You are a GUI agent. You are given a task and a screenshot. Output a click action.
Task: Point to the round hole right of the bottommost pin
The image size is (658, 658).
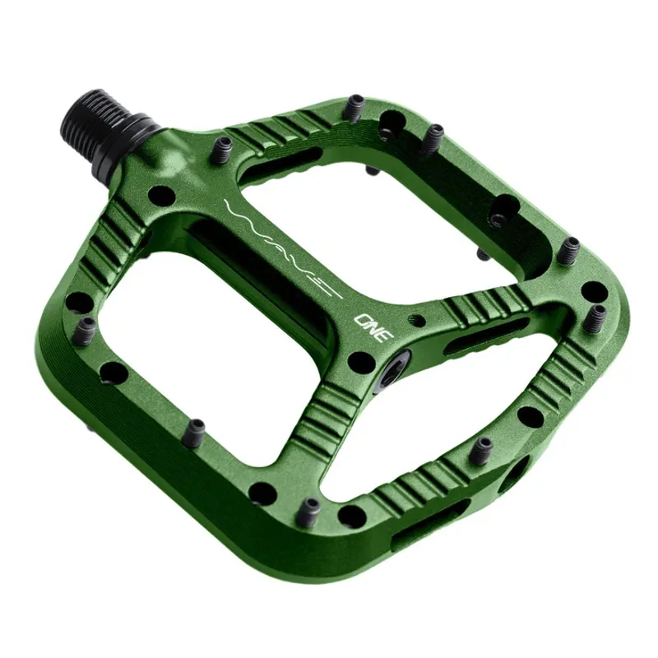click(x=352, y=517)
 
